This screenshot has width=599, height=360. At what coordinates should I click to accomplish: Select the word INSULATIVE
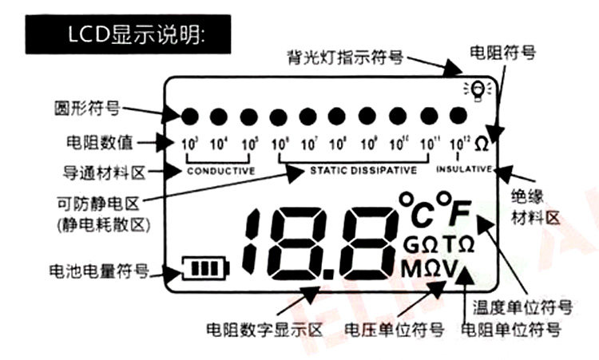[465, 169]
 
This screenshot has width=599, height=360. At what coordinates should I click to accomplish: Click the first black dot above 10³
[190, 117]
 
